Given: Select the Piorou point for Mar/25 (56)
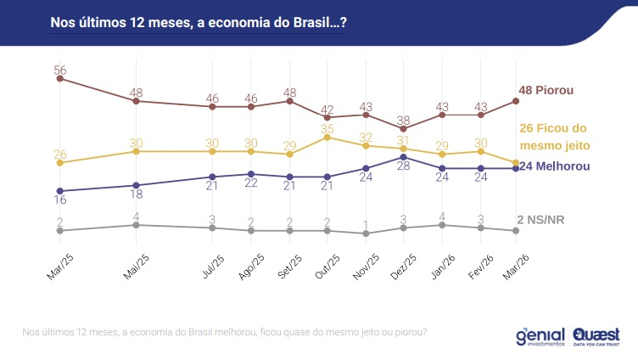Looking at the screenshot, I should point(59,79).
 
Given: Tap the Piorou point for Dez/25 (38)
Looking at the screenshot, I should point(404,128).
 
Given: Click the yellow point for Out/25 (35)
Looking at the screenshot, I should point(327,137).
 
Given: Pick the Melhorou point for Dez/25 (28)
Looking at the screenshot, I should point(404,157).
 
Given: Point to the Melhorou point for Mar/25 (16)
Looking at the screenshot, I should point(59,191).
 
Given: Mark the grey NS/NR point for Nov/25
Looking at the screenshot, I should point(366,233).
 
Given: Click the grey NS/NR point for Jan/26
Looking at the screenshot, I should point(442,225).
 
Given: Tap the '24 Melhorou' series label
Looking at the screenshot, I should point(554,166).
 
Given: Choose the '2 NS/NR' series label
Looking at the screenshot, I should point(540,220).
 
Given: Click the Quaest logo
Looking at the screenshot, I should point(596,335).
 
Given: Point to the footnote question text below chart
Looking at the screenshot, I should point(225,331).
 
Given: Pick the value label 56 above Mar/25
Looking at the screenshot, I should point(60,70).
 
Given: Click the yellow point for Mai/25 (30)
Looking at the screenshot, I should point(136,151).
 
